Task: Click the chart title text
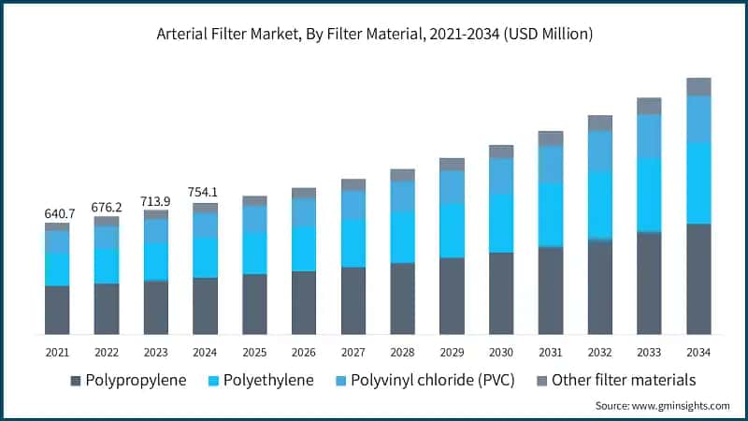[374, 34]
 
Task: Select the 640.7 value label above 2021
[57, 213]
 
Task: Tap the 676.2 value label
[107, 207]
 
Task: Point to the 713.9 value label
[156, 201]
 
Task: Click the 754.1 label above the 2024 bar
[206, 194]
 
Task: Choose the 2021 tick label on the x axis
[57, 351]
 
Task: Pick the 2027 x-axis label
[353, 351]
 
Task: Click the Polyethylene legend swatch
[212, 382]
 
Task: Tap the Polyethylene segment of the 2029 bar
[453, 230]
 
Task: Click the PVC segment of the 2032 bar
[600, 152]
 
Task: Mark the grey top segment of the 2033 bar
[650, 106]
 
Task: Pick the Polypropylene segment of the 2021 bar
[57, 310]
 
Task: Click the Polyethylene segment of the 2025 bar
[254, 253]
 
